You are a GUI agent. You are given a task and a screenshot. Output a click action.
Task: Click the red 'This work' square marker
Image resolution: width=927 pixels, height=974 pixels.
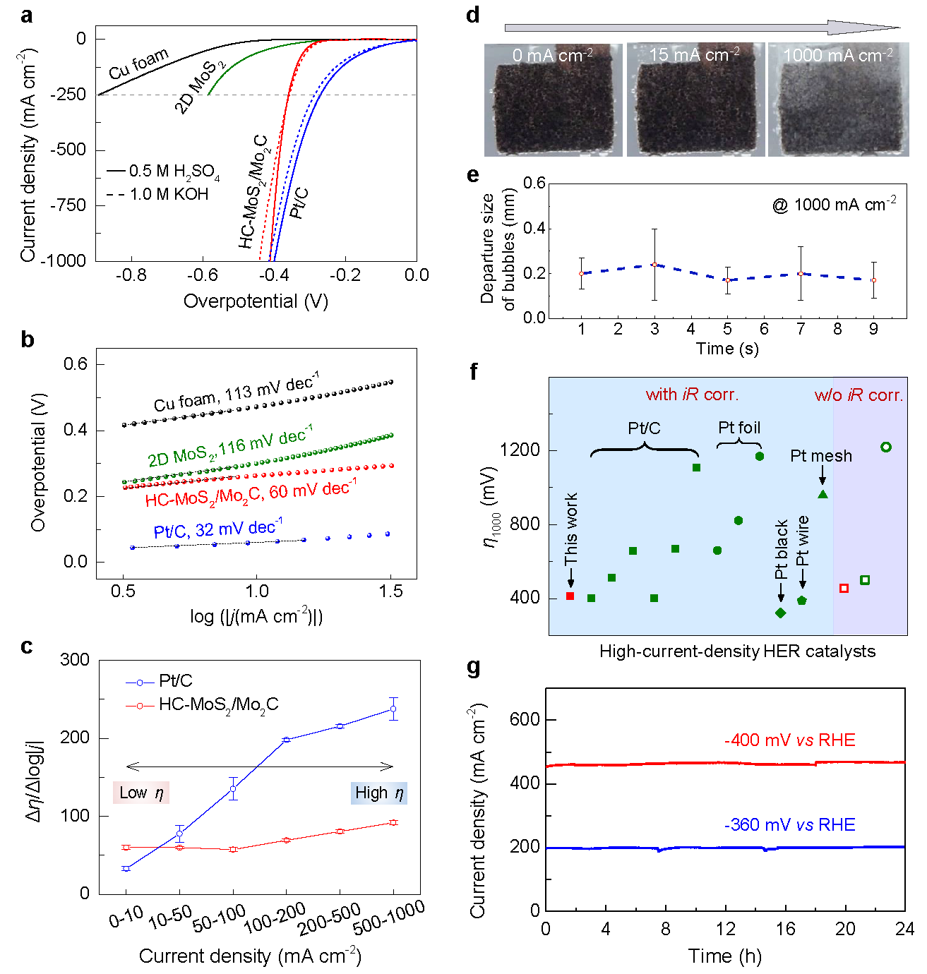[x=570, y=596]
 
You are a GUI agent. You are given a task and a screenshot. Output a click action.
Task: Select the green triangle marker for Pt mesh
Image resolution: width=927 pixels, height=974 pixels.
[x=823, y=494]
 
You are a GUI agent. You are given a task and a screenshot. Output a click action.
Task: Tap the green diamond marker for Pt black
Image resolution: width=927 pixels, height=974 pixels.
[x=781, y=613]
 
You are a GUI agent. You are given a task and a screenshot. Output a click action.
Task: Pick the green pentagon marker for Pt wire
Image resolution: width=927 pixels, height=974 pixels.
[x=802, y=601]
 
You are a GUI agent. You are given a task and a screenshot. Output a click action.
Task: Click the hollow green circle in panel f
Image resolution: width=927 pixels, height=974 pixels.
[x=886, y=447]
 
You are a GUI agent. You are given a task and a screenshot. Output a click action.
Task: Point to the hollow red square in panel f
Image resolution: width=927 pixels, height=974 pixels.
[x=844, y=588]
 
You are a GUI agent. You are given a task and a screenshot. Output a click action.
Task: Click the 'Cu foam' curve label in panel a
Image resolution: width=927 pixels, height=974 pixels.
[x=138, y=64]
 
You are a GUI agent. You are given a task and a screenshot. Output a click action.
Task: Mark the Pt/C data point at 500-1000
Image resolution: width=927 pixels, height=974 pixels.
[x=393, y=709]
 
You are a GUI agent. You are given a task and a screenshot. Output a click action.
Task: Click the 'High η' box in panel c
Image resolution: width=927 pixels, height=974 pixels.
[x=379, y=793]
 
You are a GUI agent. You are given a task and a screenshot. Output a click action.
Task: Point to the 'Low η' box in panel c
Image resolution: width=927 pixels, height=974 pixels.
[x=141, y=793]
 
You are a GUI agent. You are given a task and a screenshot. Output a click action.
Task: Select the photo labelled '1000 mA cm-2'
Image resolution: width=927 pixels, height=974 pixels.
[x=838, y=100]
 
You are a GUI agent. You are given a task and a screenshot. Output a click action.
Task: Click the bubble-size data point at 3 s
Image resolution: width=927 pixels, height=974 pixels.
[x=654, y=265]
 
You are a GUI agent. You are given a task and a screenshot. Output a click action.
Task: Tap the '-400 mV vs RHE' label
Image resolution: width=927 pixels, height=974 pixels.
[x=789, y=740]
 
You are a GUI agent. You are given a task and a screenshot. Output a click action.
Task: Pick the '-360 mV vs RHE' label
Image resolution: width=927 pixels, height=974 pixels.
[x=789, y=824]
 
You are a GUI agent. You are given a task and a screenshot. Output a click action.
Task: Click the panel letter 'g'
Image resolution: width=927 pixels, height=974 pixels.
[x=474, y=667]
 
